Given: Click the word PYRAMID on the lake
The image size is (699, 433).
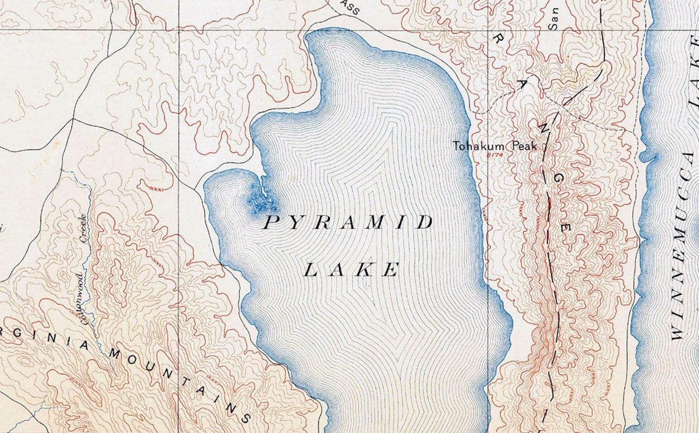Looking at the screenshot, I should (348, 223).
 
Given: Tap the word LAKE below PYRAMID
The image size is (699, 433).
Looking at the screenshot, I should (353, 269).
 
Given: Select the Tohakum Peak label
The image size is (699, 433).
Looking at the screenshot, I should (494, 146).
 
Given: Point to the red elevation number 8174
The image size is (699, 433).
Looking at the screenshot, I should (494, 155).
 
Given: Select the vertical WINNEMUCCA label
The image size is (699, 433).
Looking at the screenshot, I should (683, 245).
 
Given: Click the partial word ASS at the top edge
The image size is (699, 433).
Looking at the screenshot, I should (351, 7).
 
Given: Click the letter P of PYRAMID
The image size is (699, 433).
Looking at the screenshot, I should (270, 223).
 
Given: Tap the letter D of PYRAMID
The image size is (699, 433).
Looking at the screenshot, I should (425, 223).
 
